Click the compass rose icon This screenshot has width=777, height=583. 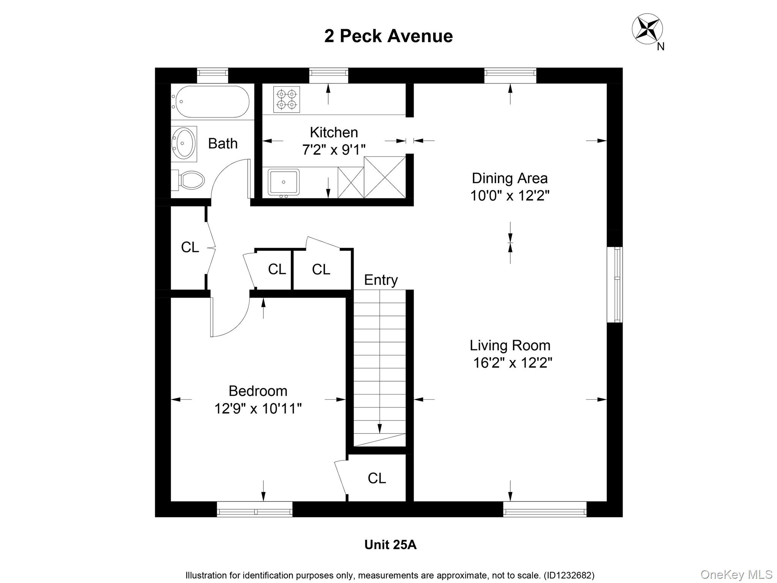647,28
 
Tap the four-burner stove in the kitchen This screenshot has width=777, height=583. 286,99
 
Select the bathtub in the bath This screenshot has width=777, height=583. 210,102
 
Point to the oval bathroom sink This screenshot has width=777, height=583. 184,144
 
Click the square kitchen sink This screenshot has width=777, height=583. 283,182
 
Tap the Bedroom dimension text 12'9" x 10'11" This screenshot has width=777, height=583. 258,409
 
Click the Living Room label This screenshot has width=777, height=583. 510,345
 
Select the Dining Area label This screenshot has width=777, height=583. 510,178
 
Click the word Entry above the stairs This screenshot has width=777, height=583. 381,280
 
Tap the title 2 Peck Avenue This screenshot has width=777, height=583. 388,36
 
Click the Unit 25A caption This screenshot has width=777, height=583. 390,545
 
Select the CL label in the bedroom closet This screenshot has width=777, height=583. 377,478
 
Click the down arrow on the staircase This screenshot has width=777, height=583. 380,428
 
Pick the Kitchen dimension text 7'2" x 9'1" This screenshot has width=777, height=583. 333,150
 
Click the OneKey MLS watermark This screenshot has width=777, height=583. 736,575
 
